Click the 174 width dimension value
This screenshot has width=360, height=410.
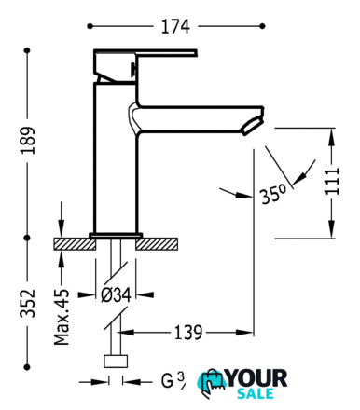coord(175,27)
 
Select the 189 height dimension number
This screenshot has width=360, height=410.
coord(28,140)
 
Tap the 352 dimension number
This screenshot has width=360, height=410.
coord(28,303)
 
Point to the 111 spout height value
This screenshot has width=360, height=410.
coord(332,182)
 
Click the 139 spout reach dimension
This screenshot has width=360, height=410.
coord(188,333)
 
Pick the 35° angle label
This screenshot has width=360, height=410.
coord(273,195)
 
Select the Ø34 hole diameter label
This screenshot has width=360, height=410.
coord(117,294)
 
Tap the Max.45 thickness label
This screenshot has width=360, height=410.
coord(62,317)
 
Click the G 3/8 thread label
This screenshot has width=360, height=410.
coord(173,380)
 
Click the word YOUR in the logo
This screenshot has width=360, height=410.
coord(256,378)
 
